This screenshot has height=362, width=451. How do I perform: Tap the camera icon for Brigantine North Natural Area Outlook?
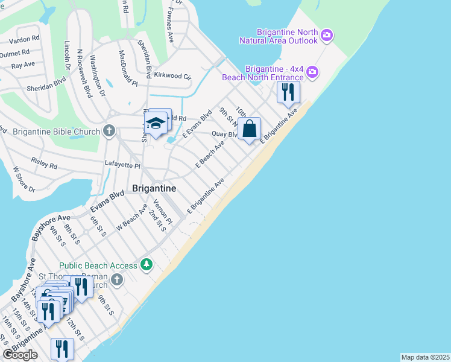point(327,36)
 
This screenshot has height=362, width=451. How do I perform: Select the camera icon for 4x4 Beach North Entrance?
point(312,73)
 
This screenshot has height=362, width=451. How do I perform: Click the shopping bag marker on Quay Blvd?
point(249,129)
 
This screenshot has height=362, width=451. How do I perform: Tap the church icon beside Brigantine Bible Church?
point(109,130)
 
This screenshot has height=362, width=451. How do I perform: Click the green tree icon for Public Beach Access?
point(146,264)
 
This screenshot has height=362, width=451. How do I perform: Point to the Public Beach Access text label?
point(98,265)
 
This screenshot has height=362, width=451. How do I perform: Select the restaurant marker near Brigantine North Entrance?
point(288,92)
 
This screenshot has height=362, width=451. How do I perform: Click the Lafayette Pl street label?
point(123,165)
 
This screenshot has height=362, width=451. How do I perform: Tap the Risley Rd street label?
point(45,165)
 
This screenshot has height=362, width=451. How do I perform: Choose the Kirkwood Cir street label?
point(172,76)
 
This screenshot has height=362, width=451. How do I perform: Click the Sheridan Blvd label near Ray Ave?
point(37,80)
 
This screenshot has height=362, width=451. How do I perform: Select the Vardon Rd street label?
point(24,38)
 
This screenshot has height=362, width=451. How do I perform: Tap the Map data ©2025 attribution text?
point(425,357)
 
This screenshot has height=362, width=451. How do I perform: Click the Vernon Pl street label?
point(163,212)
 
